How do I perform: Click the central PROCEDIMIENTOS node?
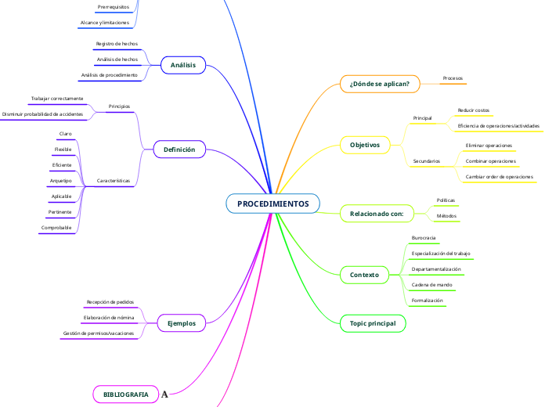[x=272, y=203]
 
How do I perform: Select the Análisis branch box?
[x=182, y=65]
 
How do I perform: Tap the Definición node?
[x=179, y=149]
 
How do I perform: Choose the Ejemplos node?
[x=182, y=322]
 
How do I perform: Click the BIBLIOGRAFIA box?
[x=125, y=394]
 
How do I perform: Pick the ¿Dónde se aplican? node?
[x=380, y=81]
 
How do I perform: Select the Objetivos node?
[x=364, y=145]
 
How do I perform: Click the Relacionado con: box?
[x=377, y=213]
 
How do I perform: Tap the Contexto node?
[x=364, y=275]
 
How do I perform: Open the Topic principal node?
[x=373, y=322]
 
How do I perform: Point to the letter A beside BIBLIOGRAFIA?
[x=164, y=394]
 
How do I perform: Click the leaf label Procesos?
[x=453, y=78]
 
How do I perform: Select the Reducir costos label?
[x=474, y=110]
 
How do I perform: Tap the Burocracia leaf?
[x=424, y=237]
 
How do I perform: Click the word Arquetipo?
[x=61, y=181]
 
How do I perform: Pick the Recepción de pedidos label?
[x=110, y=301]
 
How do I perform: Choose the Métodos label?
[x=446, y=215]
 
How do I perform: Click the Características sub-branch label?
[x=114, y=181]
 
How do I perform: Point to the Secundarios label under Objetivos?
[x=426, y=161]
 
